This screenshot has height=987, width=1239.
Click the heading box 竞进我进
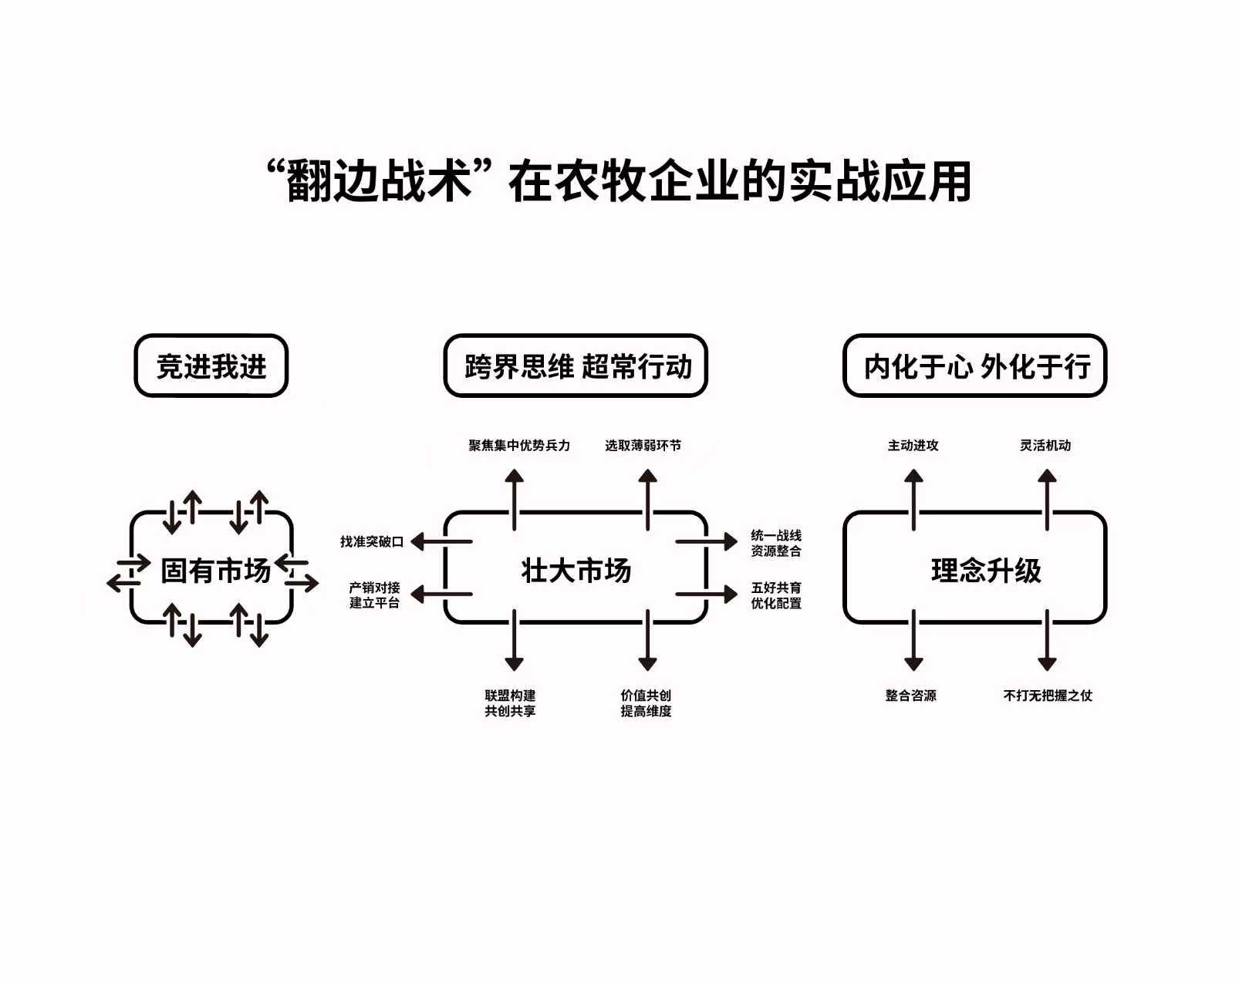pyautogui.click(x=211, y=366)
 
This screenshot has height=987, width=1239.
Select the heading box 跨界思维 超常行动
pyautogui.click(x=576, y=366)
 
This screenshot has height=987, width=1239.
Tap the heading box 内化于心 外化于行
pyautogui.click(x=975, y=366)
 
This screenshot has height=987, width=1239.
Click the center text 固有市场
pyautogui.click(x=215, y=571)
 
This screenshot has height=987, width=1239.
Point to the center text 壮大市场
pyautogui.click(x=576, y=571)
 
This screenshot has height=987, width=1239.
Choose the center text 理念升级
pyautogui.click(x=986, y=571)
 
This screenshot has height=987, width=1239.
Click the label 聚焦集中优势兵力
pyautogui.click(x=519, y=446)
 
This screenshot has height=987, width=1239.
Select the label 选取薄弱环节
pyautogui.click(x=643, y=446)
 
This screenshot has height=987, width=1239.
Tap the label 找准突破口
pyautogui.click(x=372, y=541)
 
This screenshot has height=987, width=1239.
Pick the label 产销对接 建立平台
pyautogui.click(x=374, y=595)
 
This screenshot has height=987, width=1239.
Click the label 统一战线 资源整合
pyautogui.click(x=776, y=543)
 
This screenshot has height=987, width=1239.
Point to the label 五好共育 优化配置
pyautogui.click(x=776, y=595)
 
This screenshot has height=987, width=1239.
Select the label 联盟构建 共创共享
pyautogui.click(x=510, y=703)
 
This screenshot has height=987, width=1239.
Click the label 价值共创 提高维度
pyautogui.click(x=646, y=703)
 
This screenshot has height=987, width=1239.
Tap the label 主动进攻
pyautogui.click(x=913, y=446)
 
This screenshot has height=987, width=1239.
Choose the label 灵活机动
pyautogui.click(x=1045, y=446)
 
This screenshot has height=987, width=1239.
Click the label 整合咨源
pyautogui.click(x=911, y=696)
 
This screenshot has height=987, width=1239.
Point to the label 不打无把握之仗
pyautogui.click(x=1048, y=696)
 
